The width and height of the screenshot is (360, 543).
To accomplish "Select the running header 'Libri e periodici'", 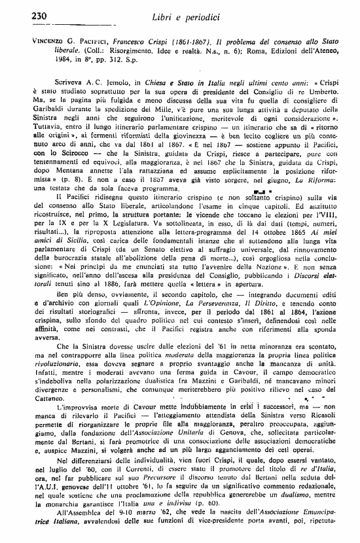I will click(181, 16).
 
